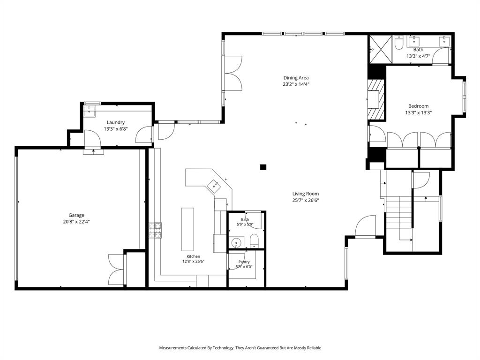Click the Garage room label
76,215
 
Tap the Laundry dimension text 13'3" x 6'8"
116,129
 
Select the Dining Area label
296,78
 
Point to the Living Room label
306,194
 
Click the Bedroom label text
419,106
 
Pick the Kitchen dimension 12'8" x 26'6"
194,262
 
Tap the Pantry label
244,262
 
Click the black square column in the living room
263,167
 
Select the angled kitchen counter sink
214,186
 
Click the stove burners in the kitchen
156,231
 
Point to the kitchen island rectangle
187,229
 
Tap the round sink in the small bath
236,243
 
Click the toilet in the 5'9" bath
255,241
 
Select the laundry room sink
90,112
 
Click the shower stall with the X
381,49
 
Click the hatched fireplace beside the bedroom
376,99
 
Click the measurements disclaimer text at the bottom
240,348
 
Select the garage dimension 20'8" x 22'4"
76,222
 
